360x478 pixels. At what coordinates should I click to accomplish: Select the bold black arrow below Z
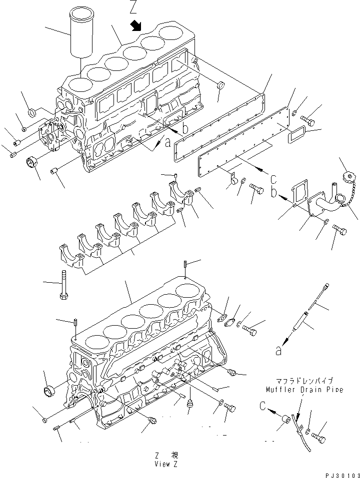(135, 26)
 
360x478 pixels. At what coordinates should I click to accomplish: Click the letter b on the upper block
(185, 129)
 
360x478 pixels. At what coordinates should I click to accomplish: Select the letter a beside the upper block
(168, 142)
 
